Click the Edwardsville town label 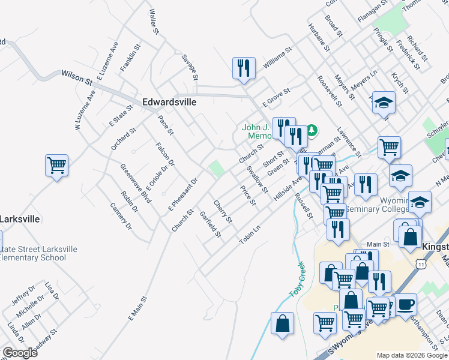pyautogui.click(x=169, y=102)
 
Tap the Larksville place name pyautogui.click(x=20, y=219)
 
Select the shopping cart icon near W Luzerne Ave pyautogui.click(x=56, y=165)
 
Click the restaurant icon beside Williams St pyautogui.click(x=244, y=68)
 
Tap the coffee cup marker pyautogui.click(x=406, y=304)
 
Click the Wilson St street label pyautogui.click(x=76, y=77)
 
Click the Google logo pyautogui.click(x=20, y=353)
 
